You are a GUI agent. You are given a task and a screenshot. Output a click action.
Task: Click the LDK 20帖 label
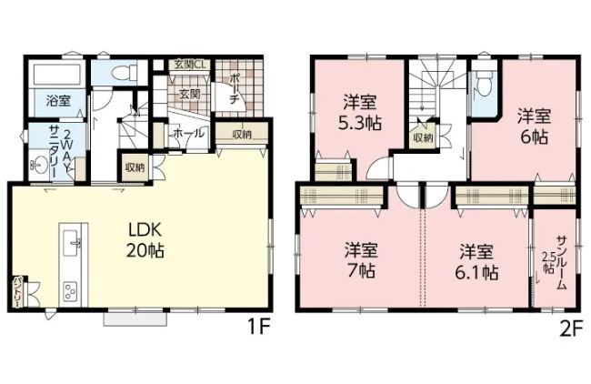tap(145, 240)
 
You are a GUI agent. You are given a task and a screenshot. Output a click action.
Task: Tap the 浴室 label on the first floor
tap(58, 101)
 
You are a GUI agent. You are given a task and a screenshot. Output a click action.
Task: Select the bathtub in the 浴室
tap(58, 76)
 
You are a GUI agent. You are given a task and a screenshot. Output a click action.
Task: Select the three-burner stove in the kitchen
tap(71, 290)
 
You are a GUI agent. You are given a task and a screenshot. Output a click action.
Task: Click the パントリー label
tap(17, 293)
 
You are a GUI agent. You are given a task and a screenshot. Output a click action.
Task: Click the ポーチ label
tap(234, 89)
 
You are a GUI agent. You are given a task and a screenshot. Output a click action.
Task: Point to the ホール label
tap(189, 133)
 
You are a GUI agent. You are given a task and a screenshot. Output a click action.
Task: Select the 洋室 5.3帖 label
tap(360, 112)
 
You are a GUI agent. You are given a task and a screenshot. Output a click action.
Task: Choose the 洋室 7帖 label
tap(361, 259)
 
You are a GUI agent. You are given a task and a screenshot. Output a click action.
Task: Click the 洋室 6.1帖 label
tap(476, 261)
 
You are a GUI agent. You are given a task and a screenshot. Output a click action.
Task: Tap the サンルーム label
tap(561, 263)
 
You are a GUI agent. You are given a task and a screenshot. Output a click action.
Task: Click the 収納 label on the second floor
tap(424, 138)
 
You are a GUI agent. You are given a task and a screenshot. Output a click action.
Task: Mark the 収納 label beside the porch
tap(242, 135)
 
